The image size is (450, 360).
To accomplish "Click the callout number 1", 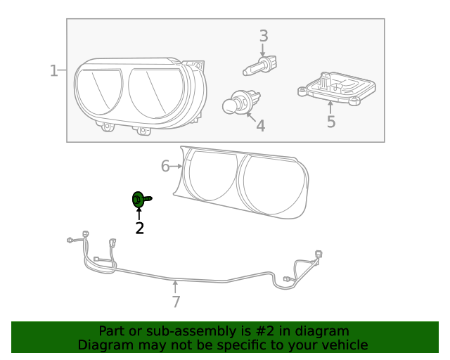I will (x=53, y=70).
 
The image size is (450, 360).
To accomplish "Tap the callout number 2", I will (x=139, y=228).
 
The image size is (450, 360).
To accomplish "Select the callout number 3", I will (x=264, y=35).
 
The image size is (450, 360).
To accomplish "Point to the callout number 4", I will (x=260, y=127).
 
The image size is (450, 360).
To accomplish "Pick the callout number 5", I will (x=330, y=122).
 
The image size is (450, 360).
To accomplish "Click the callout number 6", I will (x=165, y=166).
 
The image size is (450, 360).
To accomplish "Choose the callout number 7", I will (x=176, y=302).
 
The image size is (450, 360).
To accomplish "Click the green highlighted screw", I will (x=139, y=200).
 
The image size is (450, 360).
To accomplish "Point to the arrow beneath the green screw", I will (x=139, y=214).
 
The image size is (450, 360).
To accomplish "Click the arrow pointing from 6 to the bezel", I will (x=177, y=167).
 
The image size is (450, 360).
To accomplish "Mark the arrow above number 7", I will (x=176, y=287).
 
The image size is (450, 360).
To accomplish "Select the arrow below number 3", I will (x=263, y=50).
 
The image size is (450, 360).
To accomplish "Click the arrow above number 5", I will (x=330, y=107).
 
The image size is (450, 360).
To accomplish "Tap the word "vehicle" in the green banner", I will (x=343, y=345).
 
